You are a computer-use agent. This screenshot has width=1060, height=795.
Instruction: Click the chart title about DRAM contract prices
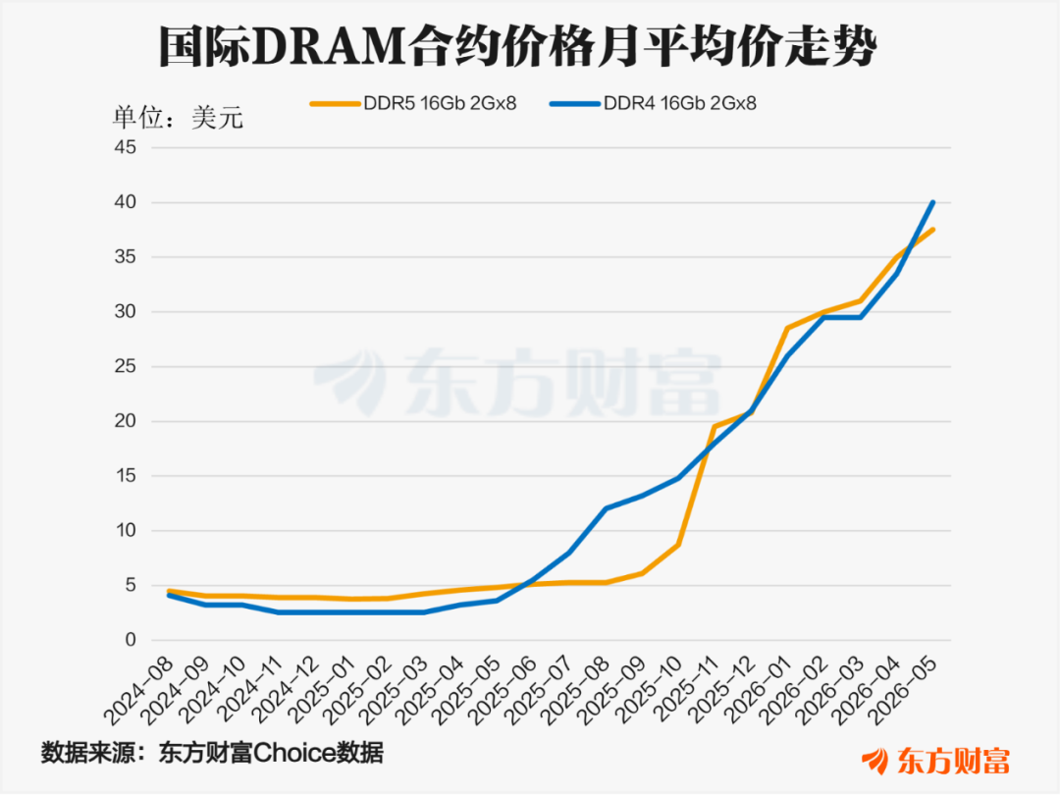coord(518,47)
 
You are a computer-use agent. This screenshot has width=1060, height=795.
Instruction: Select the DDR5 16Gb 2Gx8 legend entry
coord(414,103)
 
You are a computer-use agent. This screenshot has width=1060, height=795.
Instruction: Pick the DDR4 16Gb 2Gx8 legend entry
coord(653,103)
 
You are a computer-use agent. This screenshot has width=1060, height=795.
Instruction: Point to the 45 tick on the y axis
coord(125,147)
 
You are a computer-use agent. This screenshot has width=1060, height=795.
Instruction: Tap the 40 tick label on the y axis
coord(125,202)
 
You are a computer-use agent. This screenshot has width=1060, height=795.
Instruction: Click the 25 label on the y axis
coord(125,366)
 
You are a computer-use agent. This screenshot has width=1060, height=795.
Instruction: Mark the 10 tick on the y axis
coord(125,531)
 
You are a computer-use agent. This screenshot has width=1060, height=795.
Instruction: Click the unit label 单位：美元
coord(178,118)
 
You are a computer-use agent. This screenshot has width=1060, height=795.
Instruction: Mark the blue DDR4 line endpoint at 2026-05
coord(933,202)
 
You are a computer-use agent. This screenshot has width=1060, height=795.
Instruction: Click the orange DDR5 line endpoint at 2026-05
coord(933,230)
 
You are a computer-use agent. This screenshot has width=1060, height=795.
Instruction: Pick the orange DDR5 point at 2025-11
coord(715,427)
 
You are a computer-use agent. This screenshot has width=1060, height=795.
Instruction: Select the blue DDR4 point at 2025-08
coord(606,508)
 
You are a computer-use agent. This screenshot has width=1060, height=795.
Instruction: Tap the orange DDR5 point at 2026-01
coord(787,328)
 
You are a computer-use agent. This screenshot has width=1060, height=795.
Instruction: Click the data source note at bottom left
coord(212,753)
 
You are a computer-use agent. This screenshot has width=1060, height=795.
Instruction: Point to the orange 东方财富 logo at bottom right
coord(935,762)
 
